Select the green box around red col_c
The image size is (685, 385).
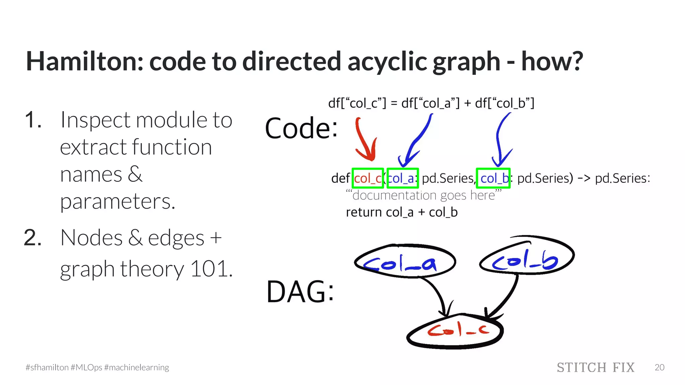[x=368, y=178]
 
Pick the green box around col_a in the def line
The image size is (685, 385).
[x=403, y=178]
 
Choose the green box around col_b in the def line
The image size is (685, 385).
[x=493, y=178]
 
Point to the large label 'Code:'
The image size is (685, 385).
[x=301, y=128]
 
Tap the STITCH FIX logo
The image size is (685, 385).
[x=595, y=368]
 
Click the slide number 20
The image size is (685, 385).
[x=659, y=368]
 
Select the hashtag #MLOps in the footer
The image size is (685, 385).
[x=86, y=368]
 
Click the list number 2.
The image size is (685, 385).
[x=33, y=238]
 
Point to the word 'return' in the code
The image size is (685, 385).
[x=364, y=213]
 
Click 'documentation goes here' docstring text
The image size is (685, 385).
[x=423, y=195]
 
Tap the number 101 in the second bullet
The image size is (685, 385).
[x=211, y=269]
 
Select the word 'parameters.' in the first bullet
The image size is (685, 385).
[x=117, y=202]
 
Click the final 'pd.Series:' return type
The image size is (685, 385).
[x=622, y=178]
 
